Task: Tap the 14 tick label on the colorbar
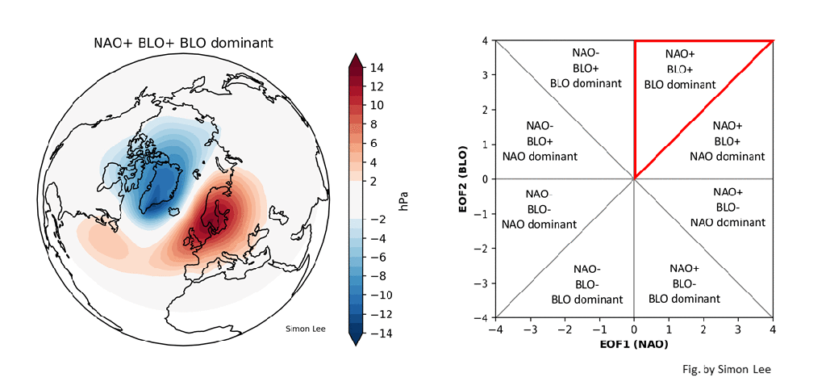coord(378,69)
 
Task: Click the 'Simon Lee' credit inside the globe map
coord(306,328)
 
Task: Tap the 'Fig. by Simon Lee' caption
coord(726,369)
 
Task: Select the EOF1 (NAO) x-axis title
coord(633,345)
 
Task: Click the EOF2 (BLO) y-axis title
coord(465,178)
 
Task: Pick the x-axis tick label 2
coord(703,329)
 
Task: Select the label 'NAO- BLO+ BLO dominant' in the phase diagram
coord(586,67)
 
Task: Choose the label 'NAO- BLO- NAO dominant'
coord(540,209)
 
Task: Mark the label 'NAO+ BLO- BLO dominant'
coord(683,283)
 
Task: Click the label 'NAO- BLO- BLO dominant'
coord(586,283)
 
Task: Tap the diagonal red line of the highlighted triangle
coord(703,109)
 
